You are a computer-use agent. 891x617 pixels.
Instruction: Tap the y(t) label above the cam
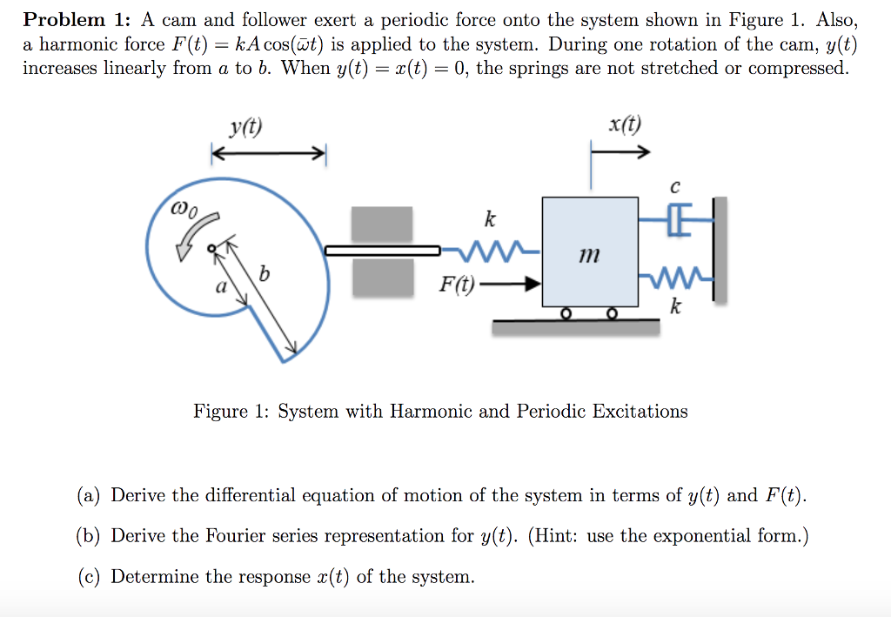click(x=246, y=130)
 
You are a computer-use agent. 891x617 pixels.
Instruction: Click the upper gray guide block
click(x=381, y=224)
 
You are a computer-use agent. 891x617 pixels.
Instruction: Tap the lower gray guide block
click(x=381, y=278)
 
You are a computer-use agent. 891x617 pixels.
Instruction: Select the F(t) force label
click(x=457, y=284)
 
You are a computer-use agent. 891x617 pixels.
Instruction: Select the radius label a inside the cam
click(x=222, y=286)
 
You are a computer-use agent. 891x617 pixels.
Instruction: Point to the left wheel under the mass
click(x=566, y=313)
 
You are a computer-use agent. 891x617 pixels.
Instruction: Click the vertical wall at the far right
click(x=719, y=249)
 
